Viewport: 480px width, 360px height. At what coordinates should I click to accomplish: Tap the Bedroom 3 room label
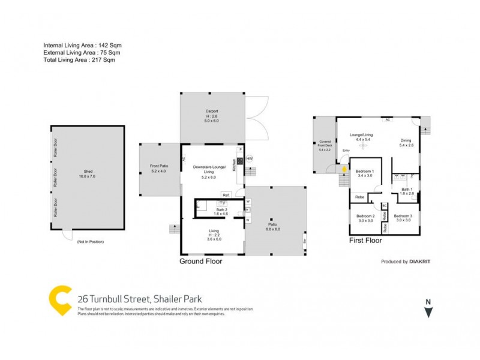403,218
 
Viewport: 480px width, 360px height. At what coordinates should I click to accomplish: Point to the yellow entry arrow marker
344,169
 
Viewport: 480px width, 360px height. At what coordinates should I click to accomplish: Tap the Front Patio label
159,169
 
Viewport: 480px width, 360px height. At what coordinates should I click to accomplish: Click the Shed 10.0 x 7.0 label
88,175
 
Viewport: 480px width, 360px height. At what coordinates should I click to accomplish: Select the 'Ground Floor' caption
202,262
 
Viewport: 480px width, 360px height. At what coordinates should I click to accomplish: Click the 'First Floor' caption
365,240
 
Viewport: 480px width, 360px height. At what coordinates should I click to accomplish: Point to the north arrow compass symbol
428,310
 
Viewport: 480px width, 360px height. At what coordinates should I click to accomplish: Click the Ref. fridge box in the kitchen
226,196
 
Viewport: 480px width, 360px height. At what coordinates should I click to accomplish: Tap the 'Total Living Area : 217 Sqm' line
79,60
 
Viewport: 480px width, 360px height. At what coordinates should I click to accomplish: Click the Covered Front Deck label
325,146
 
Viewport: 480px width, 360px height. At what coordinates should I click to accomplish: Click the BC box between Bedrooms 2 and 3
384,206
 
